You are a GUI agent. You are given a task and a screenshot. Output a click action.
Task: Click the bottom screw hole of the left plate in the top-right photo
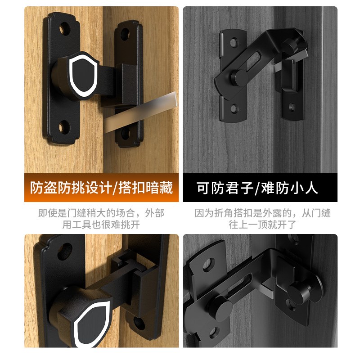click(x=234, y=108)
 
